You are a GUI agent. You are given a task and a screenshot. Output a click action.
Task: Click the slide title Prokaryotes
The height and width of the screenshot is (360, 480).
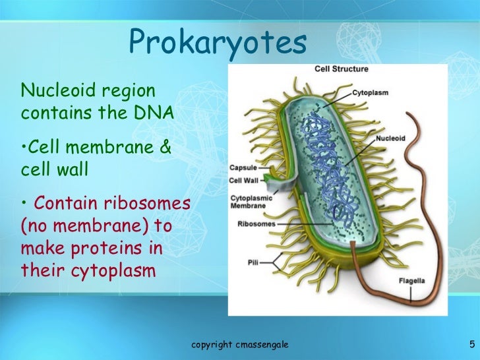(x=218, y=42)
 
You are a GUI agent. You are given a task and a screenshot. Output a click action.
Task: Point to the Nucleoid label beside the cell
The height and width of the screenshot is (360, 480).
(x=391, y=138)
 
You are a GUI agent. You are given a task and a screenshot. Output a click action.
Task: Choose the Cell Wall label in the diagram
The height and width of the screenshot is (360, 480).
(x=244, y=180)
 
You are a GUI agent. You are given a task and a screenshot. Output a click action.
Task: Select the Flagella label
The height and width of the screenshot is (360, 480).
(x=413, y=282)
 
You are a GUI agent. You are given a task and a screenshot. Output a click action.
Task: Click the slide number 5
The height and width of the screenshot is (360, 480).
(x=472, y=344)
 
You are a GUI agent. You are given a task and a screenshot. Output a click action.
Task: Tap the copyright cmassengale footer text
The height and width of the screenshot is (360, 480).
(x=239, y=345)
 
